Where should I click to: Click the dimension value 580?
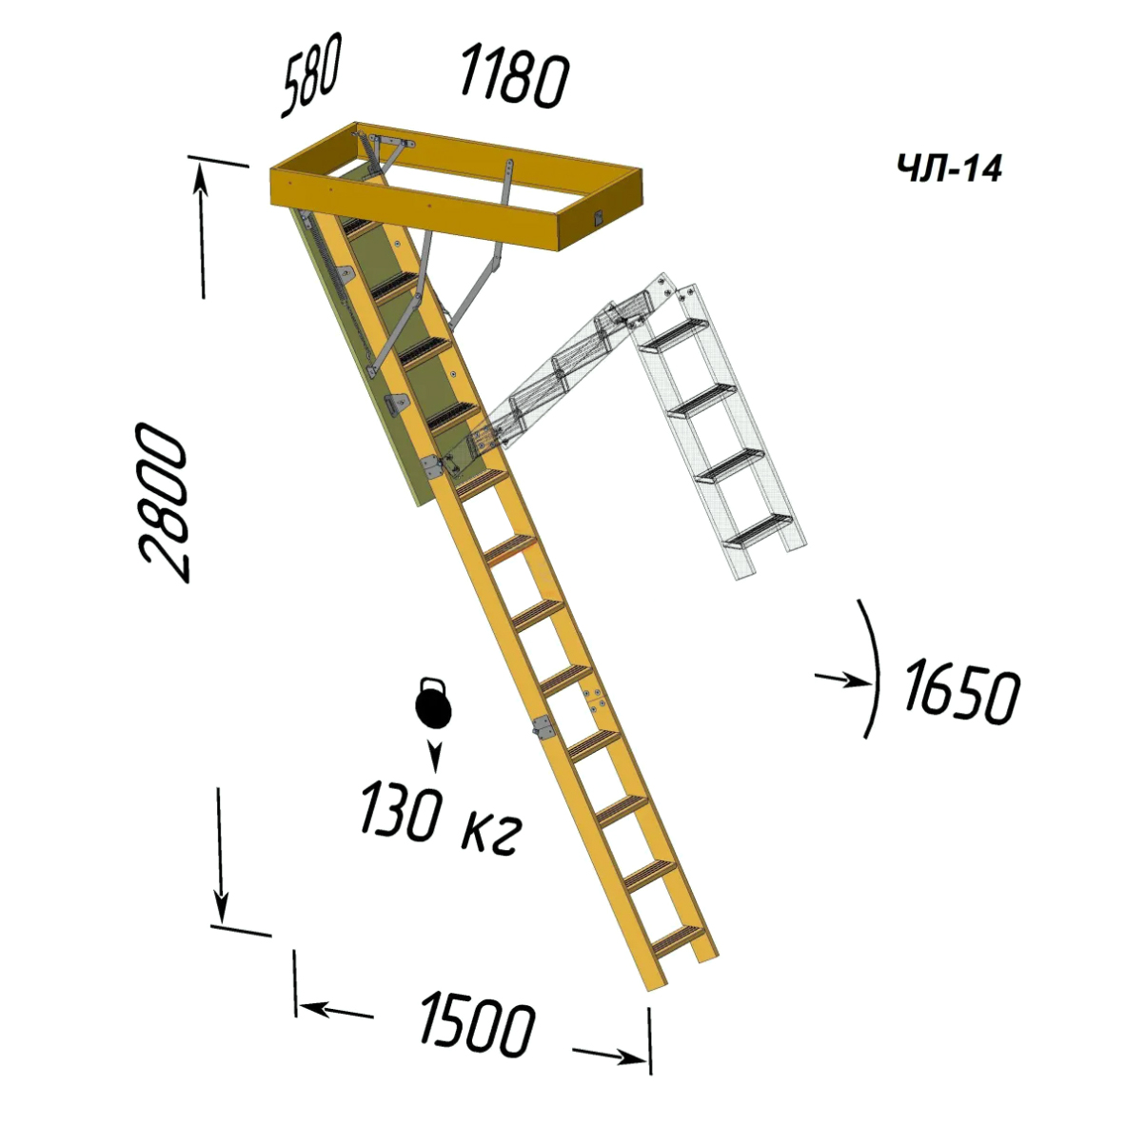click(311, 74)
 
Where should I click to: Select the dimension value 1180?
click(514, 76)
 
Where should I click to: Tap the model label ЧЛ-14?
click(949, 168)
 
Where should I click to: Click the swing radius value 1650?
click(961, 692)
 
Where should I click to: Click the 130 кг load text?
click(440, 820)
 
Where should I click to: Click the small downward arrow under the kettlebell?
click(434, 756)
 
